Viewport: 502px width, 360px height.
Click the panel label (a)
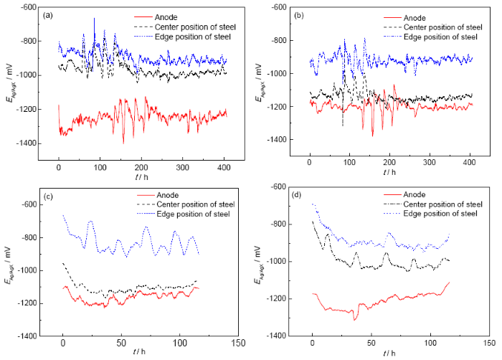pos(65,15)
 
